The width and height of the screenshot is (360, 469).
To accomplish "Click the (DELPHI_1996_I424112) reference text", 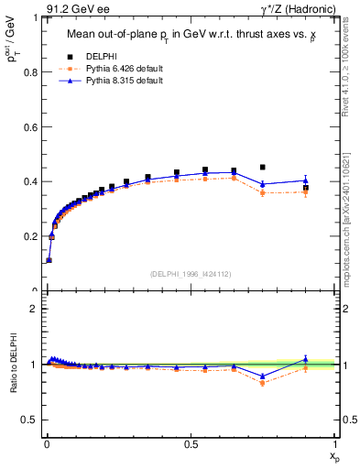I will (x=191, y=273).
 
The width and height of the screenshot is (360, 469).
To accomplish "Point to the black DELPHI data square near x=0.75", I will (x=263, y=168).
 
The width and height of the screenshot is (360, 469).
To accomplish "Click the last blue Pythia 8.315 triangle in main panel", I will (x=306, y=180).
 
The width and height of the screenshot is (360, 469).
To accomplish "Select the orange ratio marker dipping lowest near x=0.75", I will (x=263, y=383).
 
